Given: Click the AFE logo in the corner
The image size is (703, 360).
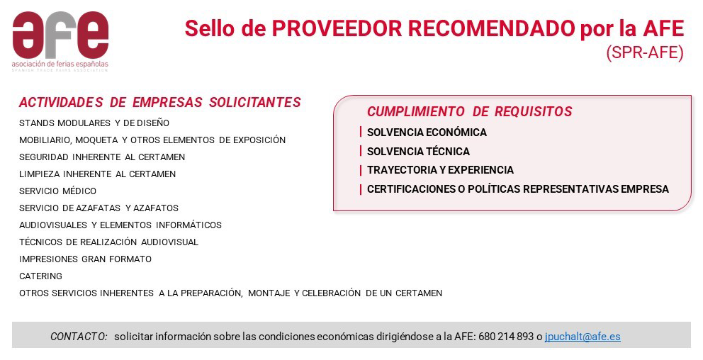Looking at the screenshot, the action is point(60,41).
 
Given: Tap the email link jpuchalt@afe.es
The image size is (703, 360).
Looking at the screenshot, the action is point(583,336).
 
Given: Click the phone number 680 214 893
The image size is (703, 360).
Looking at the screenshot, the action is point(506,336).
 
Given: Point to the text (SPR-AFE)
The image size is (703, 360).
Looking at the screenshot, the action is point(645,52).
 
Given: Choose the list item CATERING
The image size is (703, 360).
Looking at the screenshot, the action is point(41,276).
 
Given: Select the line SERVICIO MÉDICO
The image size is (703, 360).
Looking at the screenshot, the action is point(58,191).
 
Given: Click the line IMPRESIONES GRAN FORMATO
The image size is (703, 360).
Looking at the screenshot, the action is point(85,259).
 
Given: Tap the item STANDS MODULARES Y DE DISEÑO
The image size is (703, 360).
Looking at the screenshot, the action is point(94,123).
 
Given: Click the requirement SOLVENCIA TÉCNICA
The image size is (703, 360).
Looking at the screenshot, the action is point(418,152).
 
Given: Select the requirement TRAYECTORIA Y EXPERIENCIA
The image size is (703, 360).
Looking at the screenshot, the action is point(440,170).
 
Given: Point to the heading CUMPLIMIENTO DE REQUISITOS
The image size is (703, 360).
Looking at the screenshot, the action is point(470,111).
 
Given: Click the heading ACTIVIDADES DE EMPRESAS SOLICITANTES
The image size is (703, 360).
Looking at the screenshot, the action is point(160,102).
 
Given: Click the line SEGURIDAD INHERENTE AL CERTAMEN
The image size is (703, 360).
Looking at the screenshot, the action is point(102,157).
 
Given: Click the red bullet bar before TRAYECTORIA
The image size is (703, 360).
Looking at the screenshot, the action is point(361,170).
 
